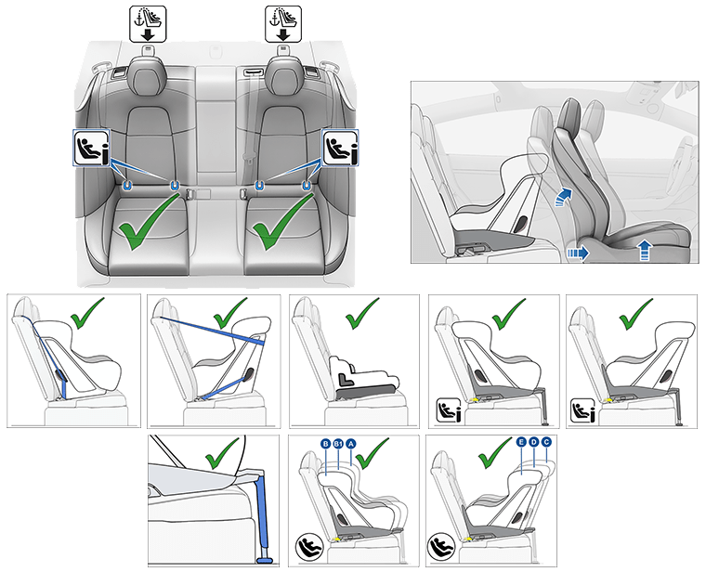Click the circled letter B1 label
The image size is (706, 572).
click(x=338, y=444)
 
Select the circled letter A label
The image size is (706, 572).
click(x=352, y=444)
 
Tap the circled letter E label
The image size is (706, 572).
click(x=521, y=443)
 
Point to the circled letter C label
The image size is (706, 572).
click(x=546, y=443)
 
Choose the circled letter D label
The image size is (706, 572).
click(x=534, y=443)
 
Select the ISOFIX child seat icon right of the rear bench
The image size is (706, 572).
click(x=337, y=148)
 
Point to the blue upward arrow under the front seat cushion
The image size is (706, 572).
click(x=646, y=248)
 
